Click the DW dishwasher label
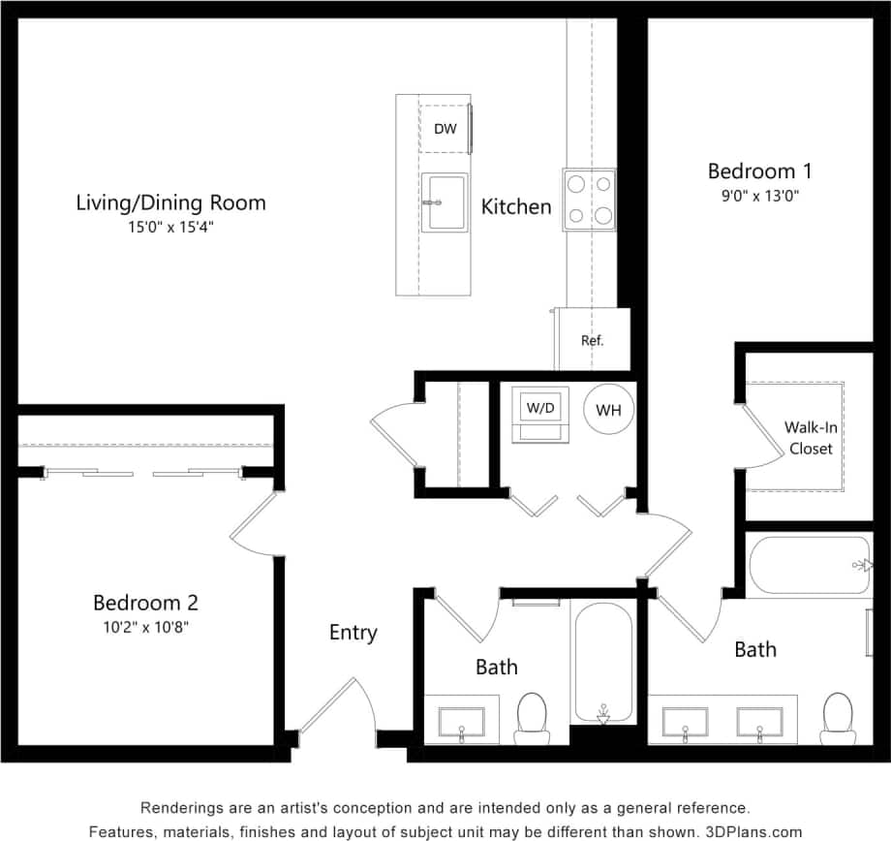click(x=445, y=129)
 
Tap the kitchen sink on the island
click(x=445, y=202)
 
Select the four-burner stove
click(x=590, y=200)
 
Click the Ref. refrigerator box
click(x=592, y=340)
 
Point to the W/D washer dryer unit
click(x=539, y=409)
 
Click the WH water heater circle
click(x=608, y=410)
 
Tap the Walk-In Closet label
click(x=810, y=437)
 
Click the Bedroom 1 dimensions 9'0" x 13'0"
click(x=759, y=195)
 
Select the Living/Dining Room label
click(x=170, y=202)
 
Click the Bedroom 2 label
click(x=145, y=602)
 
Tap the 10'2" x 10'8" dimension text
click(x=145, y=626)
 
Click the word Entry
click(x=353, y=633)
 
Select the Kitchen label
click(x=516, y=206)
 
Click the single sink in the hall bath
click(x=461, y=722)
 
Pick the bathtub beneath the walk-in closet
click(x=809, y=565)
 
